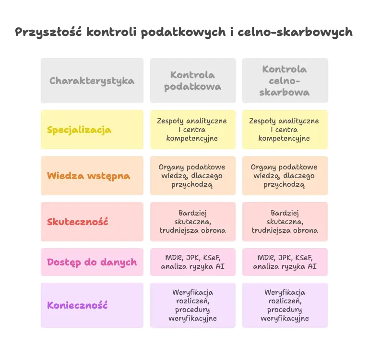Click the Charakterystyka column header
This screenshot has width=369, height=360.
click(x=92, y=81)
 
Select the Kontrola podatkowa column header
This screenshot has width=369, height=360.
click(x=192, y=81)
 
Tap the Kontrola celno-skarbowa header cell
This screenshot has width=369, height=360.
click(x=285, y=81)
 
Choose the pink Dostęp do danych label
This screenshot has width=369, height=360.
click(x=92, y=262)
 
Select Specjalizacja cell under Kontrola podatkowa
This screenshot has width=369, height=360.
click(x=192, y=130)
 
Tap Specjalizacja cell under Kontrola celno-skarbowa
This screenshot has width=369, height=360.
click(x=285, y=130)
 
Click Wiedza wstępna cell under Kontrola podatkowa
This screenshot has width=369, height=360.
click(x=192, y=176)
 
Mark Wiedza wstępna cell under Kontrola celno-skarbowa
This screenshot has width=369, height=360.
click(x=285, y=176)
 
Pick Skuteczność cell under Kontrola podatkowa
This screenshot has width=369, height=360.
click(x=192, y=222)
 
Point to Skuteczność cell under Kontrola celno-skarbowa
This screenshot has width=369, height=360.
click(x=285, y=222)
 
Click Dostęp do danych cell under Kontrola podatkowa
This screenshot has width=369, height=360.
click(x=192, y=262)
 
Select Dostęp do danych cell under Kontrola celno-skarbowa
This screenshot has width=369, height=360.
click(x=285, y=262)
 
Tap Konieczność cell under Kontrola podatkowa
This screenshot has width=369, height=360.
click(x=192, y=305)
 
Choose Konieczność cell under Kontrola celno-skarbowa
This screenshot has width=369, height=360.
click(x=285, y=305)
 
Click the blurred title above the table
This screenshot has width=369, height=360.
click(x=184, y=32)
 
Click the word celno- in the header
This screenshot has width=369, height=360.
click(x=285, y=81)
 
